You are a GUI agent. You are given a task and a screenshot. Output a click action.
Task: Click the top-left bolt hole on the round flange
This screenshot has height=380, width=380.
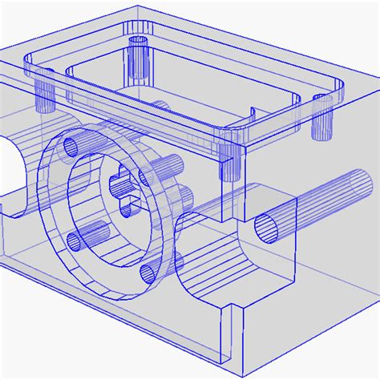tap(72, 146)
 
